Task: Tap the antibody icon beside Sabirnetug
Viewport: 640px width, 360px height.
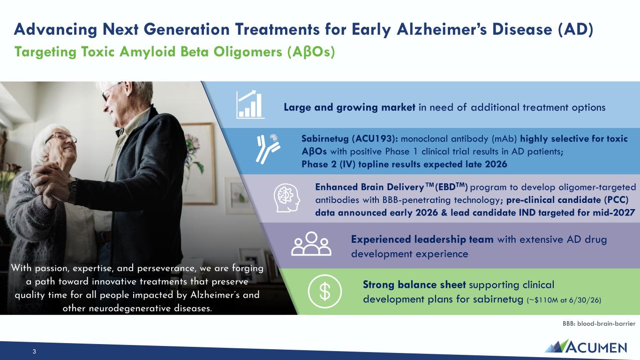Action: tap(268, 149)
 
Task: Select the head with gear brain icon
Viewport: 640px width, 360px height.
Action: tap(287, 198)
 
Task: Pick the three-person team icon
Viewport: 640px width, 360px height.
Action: tap(311, 244)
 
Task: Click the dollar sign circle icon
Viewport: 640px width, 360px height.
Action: tap(324, 292)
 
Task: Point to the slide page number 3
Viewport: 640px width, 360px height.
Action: tap(34, 352)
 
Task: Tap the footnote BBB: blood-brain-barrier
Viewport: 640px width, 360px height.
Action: tap(599, 324)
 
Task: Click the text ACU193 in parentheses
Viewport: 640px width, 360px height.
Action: tap(375, 139)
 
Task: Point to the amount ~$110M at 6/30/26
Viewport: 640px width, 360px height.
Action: tap(564, 300)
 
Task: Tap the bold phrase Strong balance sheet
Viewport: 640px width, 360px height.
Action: tap(414, 285)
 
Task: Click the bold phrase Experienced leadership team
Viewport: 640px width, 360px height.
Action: tap(422, 240)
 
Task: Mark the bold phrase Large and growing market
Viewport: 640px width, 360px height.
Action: tap(349, 107)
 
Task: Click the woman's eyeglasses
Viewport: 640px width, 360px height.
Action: tap(61, 138)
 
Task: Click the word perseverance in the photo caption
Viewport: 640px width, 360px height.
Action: tap(166, 269)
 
